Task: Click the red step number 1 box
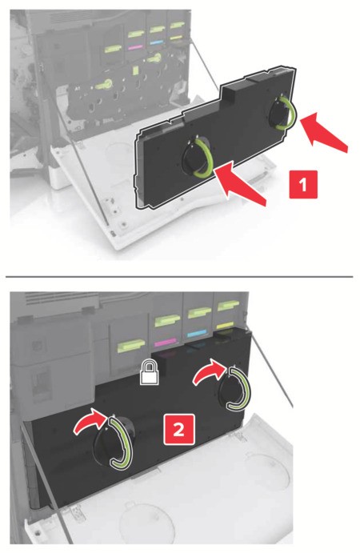click(303, 184)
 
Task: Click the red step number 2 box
click(178, 429)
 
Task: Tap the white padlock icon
click(150, 372)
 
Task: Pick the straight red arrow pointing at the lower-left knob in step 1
click(240, 183)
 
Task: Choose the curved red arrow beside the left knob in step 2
click(90, 422)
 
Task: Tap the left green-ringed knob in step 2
click(113, 443)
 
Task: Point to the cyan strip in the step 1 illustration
click(157, 42)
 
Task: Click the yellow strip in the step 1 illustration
click(176, 38)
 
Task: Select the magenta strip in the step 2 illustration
click(166, 342)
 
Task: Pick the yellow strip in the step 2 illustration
click(225, 325)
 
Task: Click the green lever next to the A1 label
click(103, 84)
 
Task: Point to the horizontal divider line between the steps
click(179, 277)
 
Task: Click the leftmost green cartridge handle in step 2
click(131, 345)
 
